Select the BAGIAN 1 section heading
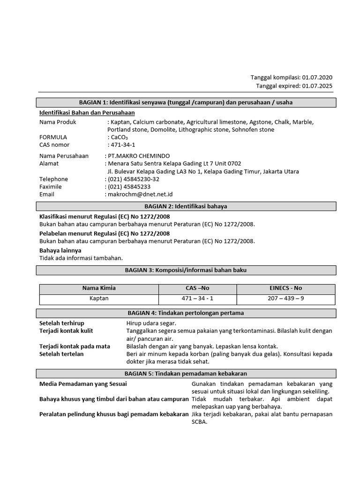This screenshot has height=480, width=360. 186,103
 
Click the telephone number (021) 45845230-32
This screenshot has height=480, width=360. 134,179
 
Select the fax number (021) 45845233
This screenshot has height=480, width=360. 129,187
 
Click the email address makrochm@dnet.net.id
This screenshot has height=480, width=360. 140,194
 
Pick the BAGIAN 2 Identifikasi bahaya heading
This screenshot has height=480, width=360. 186,206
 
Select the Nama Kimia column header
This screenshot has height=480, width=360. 99,288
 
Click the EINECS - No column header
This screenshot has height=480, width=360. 286,288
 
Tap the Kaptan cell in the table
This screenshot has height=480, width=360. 99,299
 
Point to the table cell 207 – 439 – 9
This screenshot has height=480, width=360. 286,299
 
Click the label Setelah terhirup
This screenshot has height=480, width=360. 62,323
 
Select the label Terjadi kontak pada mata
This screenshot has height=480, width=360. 75,346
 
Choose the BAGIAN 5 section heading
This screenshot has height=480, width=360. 186,374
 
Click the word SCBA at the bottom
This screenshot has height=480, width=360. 199,421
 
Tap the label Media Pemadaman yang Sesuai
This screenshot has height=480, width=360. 83,384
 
